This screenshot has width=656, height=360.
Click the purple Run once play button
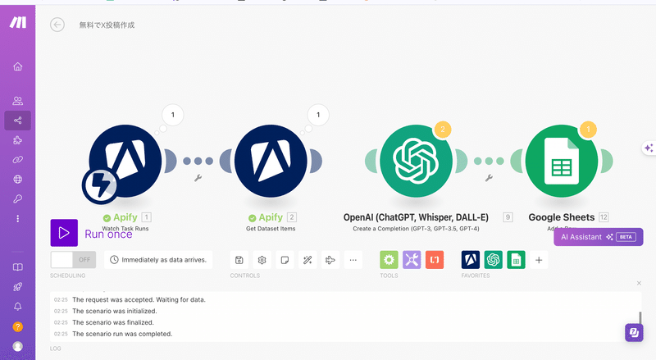(x=64, y=233)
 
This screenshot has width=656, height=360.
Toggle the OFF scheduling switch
(x=73, y=260)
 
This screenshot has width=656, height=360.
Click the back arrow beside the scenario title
(x=57, y=25)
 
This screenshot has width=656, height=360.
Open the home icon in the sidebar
(x=17, y=66)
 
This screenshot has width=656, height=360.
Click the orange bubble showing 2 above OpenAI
(x=443, y=130)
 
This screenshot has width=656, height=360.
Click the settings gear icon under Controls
(x=262, y=260)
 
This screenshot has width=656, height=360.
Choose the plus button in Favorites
(x=539, y=260)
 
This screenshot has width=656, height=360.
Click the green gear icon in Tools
(x=389, y=260)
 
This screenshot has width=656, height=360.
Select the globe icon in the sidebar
(x=17, y=180)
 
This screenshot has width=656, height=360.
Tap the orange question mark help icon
(x=17, y=326)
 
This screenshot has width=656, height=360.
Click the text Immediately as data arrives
(x=164, y=260)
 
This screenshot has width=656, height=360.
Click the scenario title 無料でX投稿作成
(x=107, y=25)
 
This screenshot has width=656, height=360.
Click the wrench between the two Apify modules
(x=198, y=177)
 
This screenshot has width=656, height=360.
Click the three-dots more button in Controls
(x=353, y=260)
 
